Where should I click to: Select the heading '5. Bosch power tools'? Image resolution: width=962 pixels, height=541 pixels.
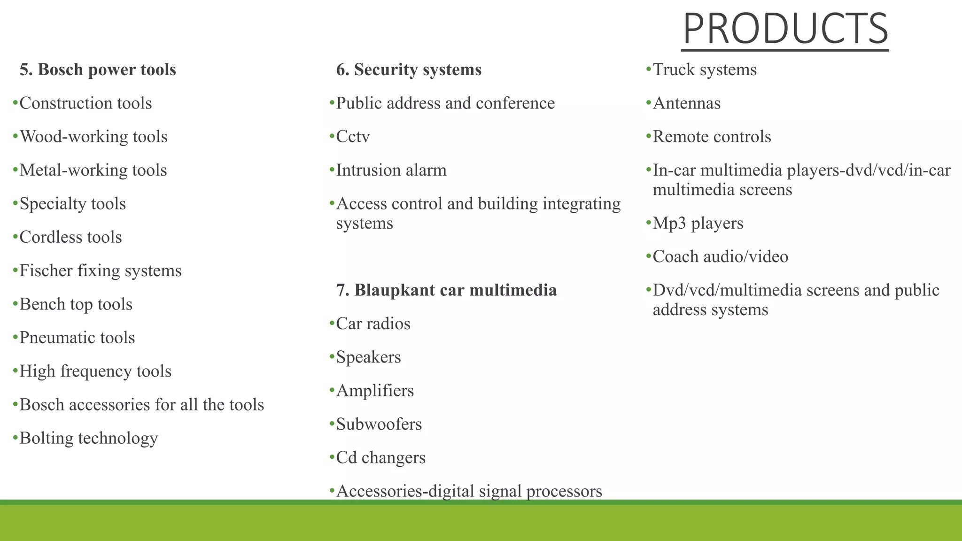(98, 70)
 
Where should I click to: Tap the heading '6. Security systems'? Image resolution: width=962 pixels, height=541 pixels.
(409, 70)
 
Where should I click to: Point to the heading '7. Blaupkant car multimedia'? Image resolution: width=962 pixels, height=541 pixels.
(446, 290)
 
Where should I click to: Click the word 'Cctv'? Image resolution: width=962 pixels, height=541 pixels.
(353, 137)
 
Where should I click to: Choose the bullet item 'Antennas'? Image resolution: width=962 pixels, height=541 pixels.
(686, 103)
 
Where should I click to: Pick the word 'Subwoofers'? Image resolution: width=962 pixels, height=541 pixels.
(379, 424)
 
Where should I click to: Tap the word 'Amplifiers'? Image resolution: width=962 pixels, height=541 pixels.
(375, 391)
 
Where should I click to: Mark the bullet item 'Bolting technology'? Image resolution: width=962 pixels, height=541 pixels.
(88, 438)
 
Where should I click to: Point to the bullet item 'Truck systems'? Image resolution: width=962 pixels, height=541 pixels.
(705, 70)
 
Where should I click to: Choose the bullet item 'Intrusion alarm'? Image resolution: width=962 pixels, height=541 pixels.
(391, 170)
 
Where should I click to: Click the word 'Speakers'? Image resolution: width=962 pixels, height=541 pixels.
(368, 357)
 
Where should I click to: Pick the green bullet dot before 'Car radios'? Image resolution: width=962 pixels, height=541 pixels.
(332, 323)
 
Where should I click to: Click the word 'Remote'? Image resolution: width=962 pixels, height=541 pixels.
(680, 137)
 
